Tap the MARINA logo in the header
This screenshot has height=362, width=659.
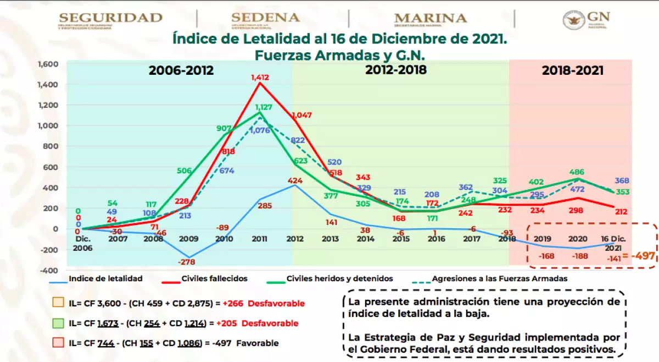(430, 19)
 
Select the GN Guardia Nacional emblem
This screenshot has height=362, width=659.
(586, 19)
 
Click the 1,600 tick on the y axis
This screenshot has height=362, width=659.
(48, 64)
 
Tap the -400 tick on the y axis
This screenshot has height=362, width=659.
(49, 270)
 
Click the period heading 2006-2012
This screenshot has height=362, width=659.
(181, 71)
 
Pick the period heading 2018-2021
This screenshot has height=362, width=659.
(572, 71)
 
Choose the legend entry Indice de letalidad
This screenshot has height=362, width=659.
(105, 278)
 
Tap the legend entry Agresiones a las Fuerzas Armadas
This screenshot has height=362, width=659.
(499, 278)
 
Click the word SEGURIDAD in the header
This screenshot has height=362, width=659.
(110, 18)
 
